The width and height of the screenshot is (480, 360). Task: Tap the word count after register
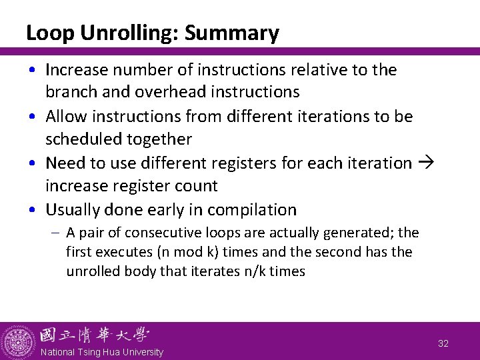[195, 186]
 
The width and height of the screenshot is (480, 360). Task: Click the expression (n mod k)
[180, 253]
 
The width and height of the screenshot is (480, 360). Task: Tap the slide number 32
[443, 343]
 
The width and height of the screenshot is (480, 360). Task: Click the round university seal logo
[18, 341]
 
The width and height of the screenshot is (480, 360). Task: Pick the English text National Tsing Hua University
[101, 352]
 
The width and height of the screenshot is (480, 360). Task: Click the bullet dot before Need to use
[32, 163]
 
